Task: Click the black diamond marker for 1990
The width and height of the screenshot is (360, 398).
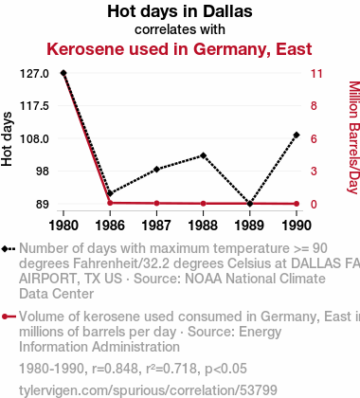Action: (297, 135)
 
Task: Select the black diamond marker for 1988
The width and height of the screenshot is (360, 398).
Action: (203, 155)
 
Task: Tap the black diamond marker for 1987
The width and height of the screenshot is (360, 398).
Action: (156, 170)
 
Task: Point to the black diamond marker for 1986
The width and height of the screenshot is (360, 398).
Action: (110, 193)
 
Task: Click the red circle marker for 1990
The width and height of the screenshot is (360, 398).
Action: (297, 204)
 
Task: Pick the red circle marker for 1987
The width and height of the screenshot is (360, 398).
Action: (156, 203)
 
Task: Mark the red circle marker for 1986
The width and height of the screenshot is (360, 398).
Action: (110, 203)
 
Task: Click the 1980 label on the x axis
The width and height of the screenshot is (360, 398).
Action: (63, 226)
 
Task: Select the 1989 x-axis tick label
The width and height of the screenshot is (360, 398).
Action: (249, 226)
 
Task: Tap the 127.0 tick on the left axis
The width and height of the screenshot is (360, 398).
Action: (34, 74)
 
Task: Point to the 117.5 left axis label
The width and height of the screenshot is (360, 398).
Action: (34, 106)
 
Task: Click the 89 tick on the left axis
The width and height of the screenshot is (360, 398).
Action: (43, 204)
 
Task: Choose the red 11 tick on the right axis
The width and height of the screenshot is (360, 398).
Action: (316, 74)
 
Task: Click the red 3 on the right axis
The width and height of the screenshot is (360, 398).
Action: (314, 171)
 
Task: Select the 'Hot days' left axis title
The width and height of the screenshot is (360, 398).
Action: (7, 139)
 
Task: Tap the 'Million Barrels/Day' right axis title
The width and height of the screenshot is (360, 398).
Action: (354, 137)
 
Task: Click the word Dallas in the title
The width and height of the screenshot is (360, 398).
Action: (227, 11)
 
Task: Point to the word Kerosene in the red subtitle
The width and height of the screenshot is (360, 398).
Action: (85, 49)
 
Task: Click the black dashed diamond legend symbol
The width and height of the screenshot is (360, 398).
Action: (9, 249)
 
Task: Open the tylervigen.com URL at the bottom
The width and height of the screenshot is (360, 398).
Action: (148, 390)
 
